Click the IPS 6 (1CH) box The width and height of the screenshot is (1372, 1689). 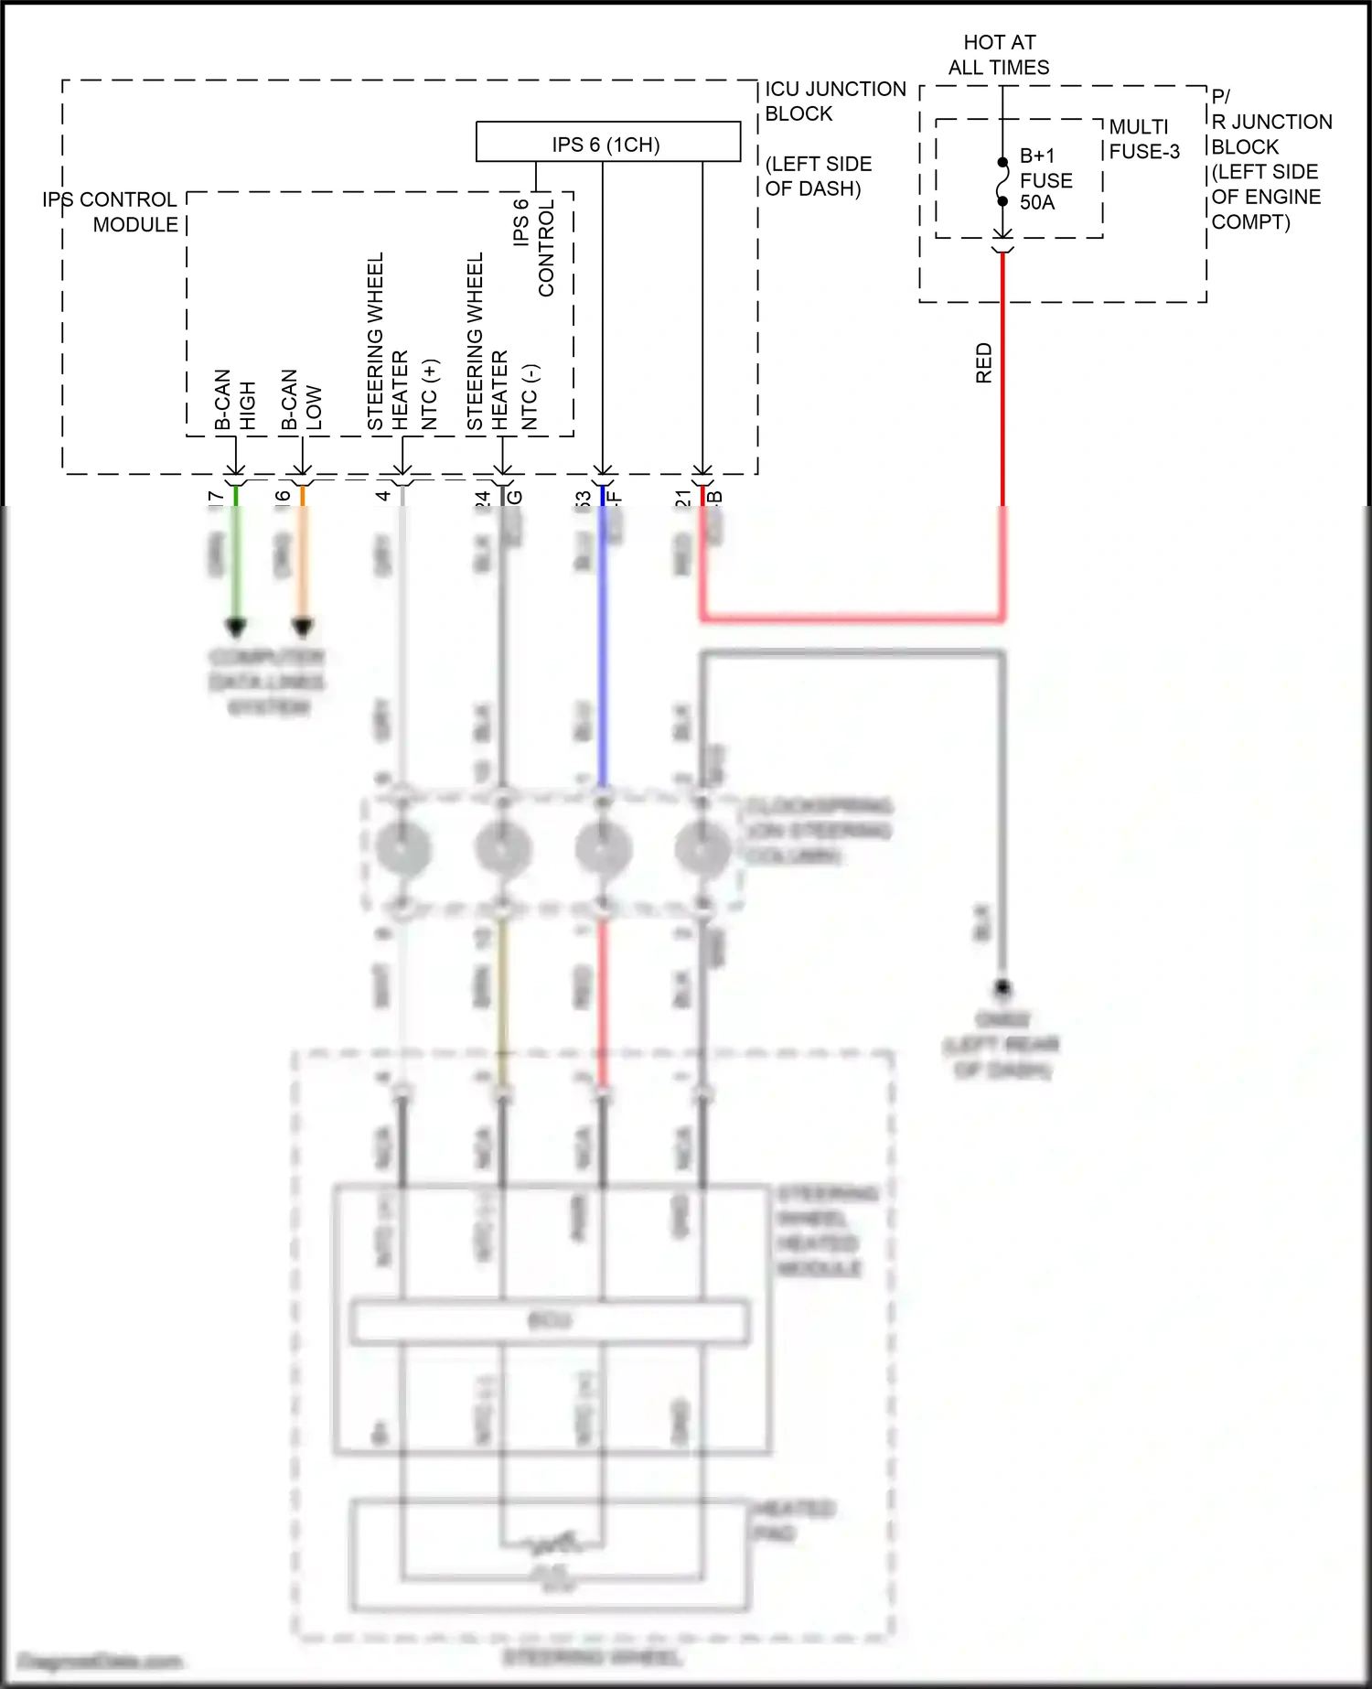point(607,142)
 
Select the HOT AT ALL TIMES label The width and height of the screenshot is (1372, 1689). point(999,55)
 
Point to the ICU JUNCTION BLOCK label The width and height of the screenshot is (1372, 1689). point(834,102)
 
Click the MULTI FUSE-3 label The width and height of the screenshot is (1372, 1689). point(1143,139)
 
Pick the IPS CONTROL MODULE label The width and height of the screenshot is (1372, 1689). point(111,212)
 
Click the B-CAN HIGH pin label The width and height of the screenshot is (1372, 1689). point(235,400)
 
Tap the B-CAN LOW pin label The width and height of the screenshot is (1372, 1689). point(302,400)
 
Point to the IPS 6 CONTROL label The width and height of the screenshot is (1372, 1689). point(534,247)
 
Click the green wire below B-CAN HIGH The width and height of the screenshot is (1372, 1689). point(236,558)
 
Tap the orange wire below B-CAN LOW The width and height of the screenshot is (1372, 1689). point(303,558)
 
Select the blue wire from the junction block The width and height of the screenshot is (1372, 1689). point(603,640)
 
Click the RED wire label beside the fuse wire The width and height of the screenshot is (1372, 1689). point(984,363)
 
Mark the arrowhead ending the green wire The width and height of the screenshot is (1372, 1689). point(236,629)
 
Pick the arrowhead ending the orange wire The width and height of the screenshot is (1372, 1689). point(303,629)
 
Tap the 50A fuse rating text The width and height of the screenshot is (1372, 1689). point(1037,203)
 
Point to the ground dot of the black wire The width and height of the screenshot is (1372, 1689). point(1002,988)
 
